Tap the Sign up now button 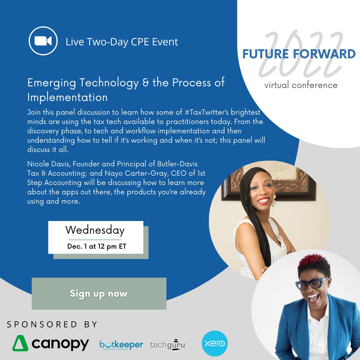coord(99,294)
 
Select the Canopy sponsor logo coord(51,344)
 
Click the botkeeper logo coord(121,345)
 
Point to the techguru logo coord(168,345)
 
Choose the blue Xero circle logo coord(215,343)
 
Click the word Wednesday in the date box coord(95,230)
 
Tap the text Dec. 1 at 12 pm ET coord(97,247)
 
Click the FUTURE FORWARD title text coord(299,54)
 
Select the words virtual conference coord(301,85)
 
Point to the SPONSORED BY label coord(52,324)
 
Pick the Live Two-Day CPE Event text coord(122,42)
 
